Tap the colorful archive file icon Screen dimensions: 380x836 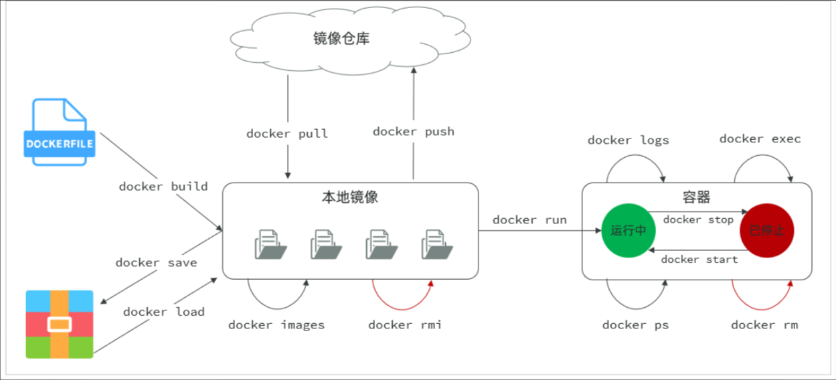tap(60, 324)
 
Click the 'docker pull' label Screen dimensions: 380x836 tap(287, 134)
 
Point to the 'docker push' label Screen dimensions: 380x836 tap(413, 132)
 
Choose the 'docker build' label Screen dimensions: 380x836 tap(163, 187)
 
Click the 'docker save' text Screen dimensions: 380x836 tap(156, 263)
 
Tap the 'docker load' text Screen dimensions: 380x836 tap(164, 312)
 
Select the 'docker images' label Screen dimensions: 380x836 tap(276, 325)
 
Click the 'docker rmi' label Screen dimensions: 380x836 tap(405, 325)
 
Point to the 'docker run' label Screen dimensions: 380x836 tap(529, 220)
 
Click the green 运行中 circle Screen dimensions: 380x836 tap(629, 230)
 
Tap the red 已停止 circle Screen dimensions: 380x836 tap(766, 230)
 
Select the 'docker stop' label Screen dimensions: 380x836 tap(698, 220)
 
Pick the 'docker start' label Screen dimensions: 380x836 tap(699, 260)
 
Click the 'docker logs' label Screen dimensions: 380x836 tap(628, 140)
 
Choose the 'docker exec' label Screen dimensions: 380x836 tap(760, 139)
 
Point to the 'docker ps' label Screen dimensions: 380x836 tap(635, 325)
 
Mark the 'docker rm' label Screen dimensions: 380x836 tap(764, 325)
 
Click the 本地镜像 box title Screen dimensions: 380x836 tap(350, 198)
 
